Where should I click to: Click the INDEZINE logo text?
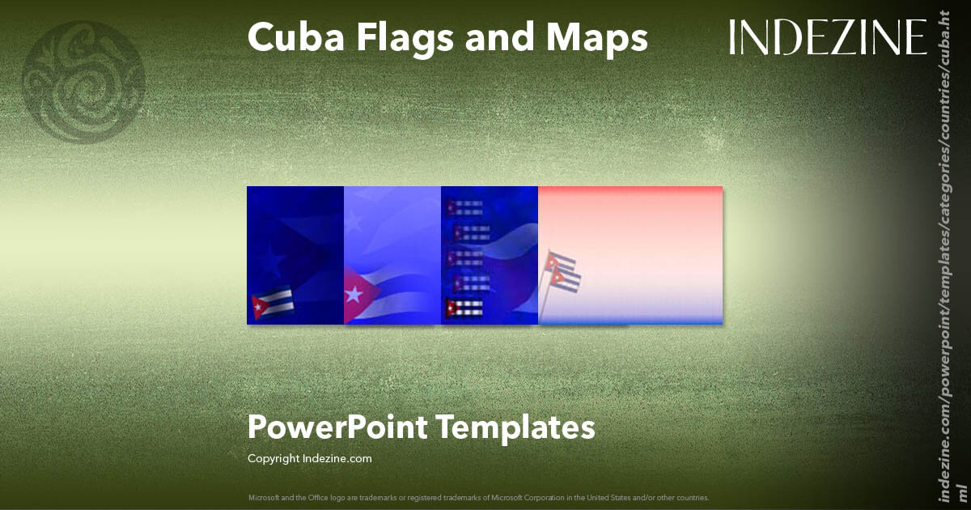coord(827,37)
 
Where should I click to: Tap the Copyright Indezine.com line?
coord(310,458)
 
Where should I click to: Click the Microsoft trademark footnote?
coord(478,497)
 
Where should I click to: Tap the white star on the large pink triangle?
coord(354,295)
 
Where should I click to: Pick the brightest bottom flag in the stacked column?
coord(464,308)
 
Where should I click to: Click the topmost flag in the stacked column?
coord(464,206)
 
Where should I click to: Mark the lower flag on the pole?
coord(567,279)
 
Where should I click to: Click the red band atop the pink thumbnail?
coord(630,191)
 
